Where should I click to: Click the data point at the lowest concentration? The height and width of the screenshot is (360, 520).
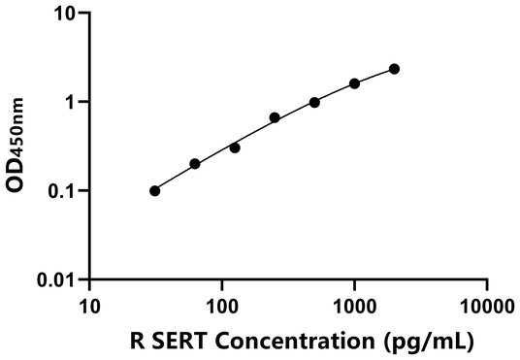pyautogui.click(x=155, y=191)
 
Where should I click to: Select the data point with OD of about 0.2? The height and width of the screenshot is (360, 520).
pyautogui.click(x=195, y=164)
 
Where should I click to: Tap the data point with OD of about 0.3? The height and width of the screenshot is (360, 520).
pyautogui.click(x=235, y=147)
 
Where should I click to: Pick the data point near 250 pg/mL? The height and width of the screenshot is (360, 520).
pyautogui.click(x=275, y=117)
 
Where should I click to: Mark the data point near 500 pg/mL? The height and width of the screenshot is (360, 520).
pyautogui.click(x=314, y=102)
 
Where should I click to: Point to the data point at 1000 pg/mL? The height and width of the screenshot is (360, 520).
pyautogui.click(x=354, y=83)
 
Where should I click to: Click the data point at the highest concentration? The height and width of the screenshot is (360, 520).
pyautogui.click(x=394, y=69)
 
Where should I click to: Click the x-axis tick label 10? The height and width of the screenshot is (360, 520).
pyautogui.click(x=89, y=307)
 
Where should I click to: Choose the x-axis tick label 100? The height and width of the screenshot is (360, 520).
pyautogui.click(x=222, y=307)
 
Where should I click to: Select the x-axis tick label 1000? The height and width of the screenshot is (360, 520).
pyautogui.click(x=354, y=307)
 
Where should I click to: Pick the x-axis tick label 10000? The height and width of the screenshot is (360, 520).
pyautogui.click(x=486, y=307)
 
